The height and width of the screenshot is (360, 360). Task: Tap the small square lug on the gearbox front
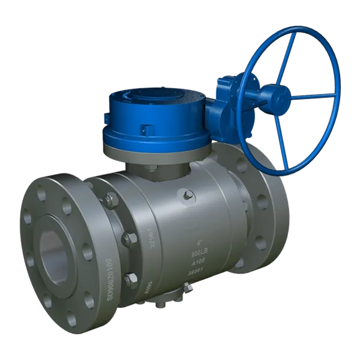147,127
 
